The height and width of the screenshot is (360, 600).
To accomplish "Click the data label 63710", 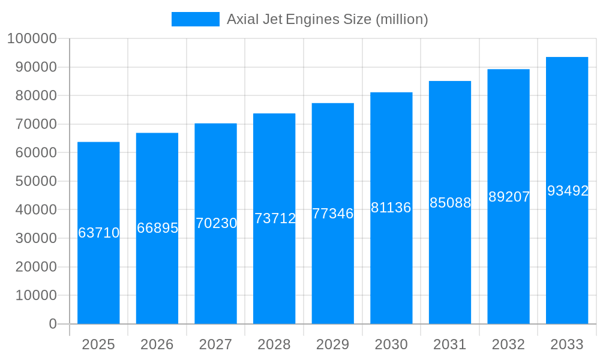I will coord(98,233).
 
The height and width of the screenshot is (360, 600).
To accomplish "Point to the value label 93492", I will coord(567,191).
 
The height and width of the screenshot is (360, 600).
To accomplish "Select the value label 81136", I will coord(391,208).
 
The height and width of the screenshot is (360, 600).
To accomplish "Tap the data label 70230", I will coord(216,223).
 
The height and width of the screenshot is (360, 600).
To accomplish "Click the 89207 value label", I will coord(509,197).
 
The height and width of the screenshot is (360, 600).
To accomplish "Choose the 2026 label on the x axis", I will coord(157,344).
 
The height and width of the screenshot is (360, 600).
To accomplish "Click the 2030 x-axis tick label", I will coord(391,344).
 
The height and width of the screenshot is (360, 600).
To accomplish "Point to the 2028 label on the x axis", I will coord(274,344).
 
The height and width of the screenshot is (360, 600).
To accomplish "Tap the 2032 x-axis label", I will coord(508,344).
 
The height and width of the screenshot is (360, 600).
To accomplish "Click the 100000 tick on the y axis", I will coord(32,39).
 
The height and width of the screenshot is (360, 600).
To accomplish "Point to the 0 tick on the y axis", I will coord(53,324).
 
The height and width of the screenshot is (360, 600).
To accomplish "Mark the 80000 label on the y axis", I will coord(35,96).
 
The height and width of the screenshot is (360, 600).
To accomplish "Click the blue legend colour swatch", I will coord(196,19).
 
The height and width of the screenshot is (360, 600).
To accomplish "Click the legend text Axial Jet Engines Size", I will coord(327,19).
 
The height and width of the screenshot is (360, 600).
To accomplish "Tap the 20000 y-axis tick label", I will coord(35,267).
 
